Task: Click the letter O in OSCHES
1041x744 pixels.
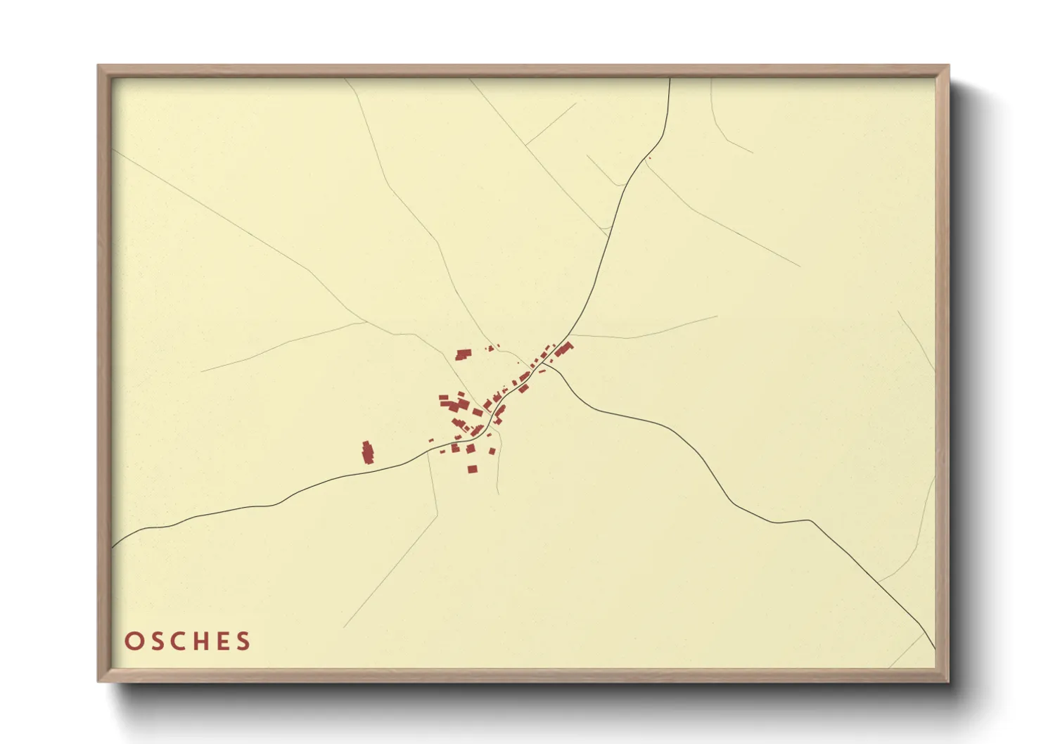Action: coord(132,641)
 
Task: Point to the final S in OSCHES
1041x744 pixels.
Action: coord(243,641)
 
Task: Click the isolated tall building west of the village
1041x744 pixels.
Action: coord(367,452)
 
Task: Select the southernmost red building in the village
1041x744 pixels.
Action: coord(472,469)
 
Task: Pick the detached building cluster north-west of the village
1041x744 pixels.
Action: coord(462,354)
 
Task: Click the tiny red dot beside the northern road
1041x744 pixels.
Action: coord(649,158)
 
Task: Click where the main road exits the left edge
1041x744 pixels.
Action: coord(113,546)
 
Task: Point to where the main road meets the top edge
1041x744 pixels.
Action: coord(670,79)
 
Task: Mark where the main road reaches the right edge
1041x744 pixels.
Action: coord(934,648)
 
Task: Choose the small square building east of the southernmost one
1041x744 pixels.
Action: coord(492,451)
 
